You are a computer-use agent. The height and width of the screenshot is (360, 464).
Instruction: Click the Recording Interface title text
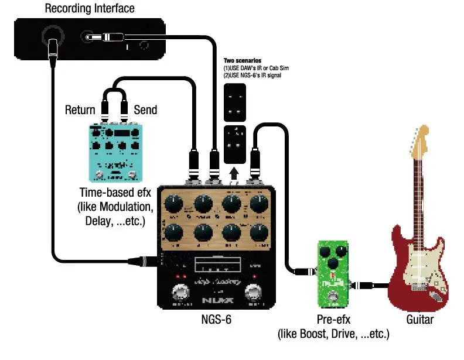[90, 8]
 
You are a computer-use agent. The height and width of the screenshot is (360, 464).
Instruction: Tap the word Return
[80, 110]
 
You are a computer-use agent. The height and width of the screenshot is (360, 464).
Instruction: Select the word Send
[146, 110]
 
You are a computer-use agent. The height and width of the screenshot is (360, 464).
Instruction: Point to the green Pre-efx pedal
[332, 273]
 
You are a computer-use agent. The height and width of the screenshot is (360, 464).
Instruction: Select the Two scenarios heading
[242, 61]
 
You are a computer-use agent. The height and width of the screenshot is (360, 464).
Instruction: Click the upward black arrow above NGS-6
[234, 173]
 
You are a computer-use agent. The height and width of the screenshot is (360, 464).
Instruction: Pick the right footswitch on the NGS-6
[254, 292]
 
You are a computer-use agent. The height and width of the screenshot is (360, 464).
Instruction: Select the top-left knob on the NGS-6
[174, 204]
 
